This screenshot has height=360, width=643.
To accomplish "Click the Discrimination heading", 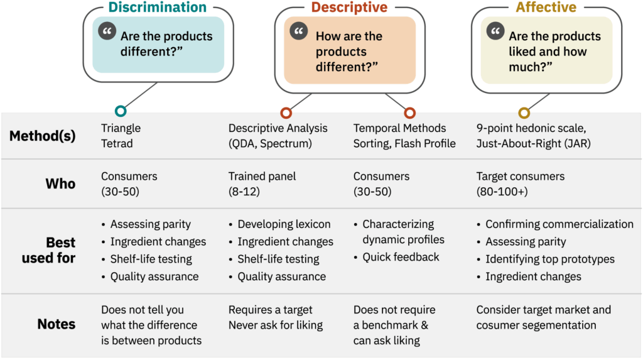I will pos(157,8).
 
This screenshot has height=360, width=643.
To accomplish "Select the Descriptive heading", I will pos(349,8).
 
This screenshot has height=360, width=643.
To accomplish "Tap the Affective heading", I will pos(546,8).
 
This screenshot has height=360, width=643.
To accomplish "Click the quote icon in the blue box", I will pos(107,31).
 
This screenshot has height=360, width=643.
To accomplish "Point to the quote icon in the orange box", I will pos(300,31).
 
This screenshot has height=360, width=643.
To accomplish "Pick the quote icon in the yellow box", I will pos(495,31).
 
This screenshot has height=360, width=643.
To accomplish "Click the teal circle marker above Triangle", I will pos(121,112).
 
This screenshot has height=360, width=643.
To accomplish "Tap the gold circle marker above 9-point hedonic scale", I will pos(524,112).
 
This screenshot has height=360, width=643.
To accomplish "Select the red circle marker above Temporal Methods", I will pos(409,112).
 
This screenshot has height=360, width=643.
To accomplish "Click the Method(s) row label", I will pos(42,136).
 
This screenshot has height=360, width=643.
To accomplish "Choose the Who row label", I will pos(60,184).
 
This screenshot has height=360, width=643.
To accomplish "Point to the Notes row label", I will pos(57,324).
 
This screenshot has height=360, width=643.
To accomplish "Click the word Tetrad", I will pos(117,144).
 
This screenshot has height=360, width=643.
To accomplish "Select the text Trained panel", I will pos(262,177).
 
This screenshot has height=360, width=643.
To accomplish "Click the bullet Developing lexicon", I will pos(284,224).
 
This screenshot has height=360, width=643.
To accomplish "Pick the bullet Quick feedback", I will pos(401,257).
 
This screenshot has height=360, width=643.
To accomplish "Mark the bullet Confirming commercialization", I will pos(559,224).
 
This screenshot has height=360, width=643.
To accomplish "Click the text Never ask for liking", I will pos(276,325).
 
